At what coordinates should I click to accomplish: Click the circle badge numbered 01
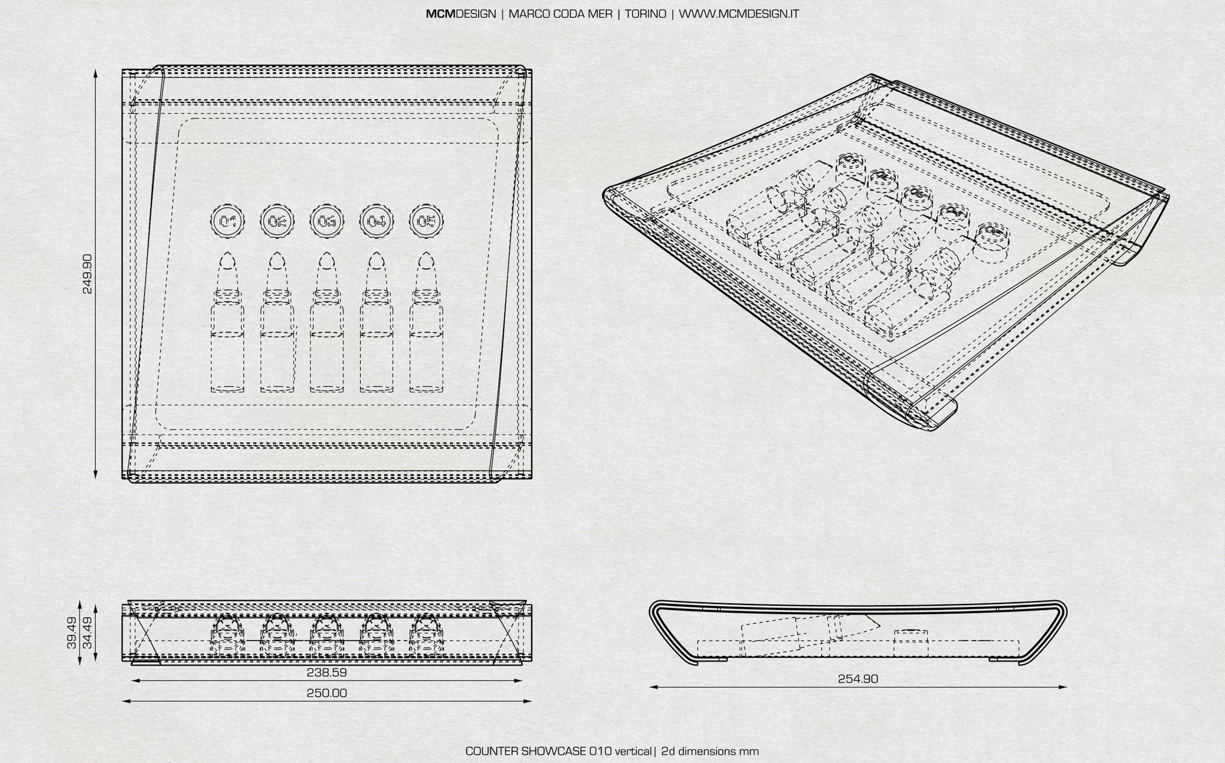click(x=228, y=222)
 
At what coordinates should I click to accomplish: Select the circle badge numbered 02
click(x=278, y=222)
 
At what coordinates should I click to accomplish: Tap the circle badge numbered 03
click(x=327, y=222)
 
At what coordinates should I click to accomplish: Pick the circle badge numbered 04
click(x=377, y=222)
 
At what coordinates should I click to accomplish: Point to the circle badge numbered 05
click(x=426, y=222)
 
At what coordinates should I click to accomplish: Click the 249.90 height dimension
click(x=87, y=274)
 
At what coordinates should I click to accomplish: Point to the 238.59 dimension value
click(x=327, y=672)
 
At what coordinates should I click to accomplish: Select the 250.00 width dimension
click(x=327, y=693)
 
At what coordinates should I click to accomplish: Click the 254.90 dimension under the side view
click(x=858, y=679)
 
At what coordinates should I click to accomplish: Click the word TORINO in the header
click(x=645, y=14)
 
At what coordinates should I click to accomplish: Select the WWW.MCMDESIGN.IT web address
click(x=739, y=14)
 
